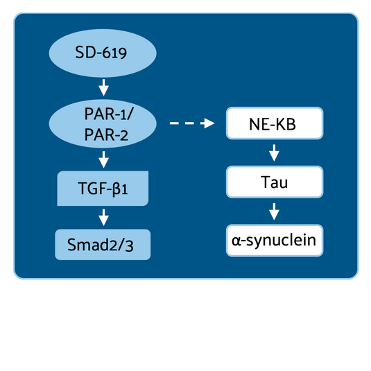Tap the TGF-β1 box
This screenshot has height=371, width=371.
coord(103,187)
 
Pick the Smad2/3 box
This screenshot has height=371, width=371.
coord(103,244)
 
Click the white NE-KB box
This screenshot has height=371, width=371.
coord(274,124)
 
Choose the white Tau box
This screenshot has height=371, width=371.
coord(274,183)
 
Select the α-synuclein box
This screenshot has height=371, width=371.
coord(274,241)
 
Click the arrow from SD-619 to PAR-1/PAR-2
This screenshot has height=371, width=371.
coord(103,88)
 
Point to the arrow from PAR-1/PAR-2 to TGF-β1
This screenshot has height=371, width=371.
coord(103,161)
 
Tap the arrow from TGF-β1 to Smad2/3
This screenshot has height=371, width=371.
coord(103,217)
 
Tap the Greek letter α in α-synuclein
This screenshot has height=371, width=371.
coord(237,241)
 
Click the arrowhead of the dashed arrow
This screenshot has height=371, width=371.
coord(209,124)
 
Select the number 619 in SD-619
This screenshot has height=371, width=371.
coord(115,52)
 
